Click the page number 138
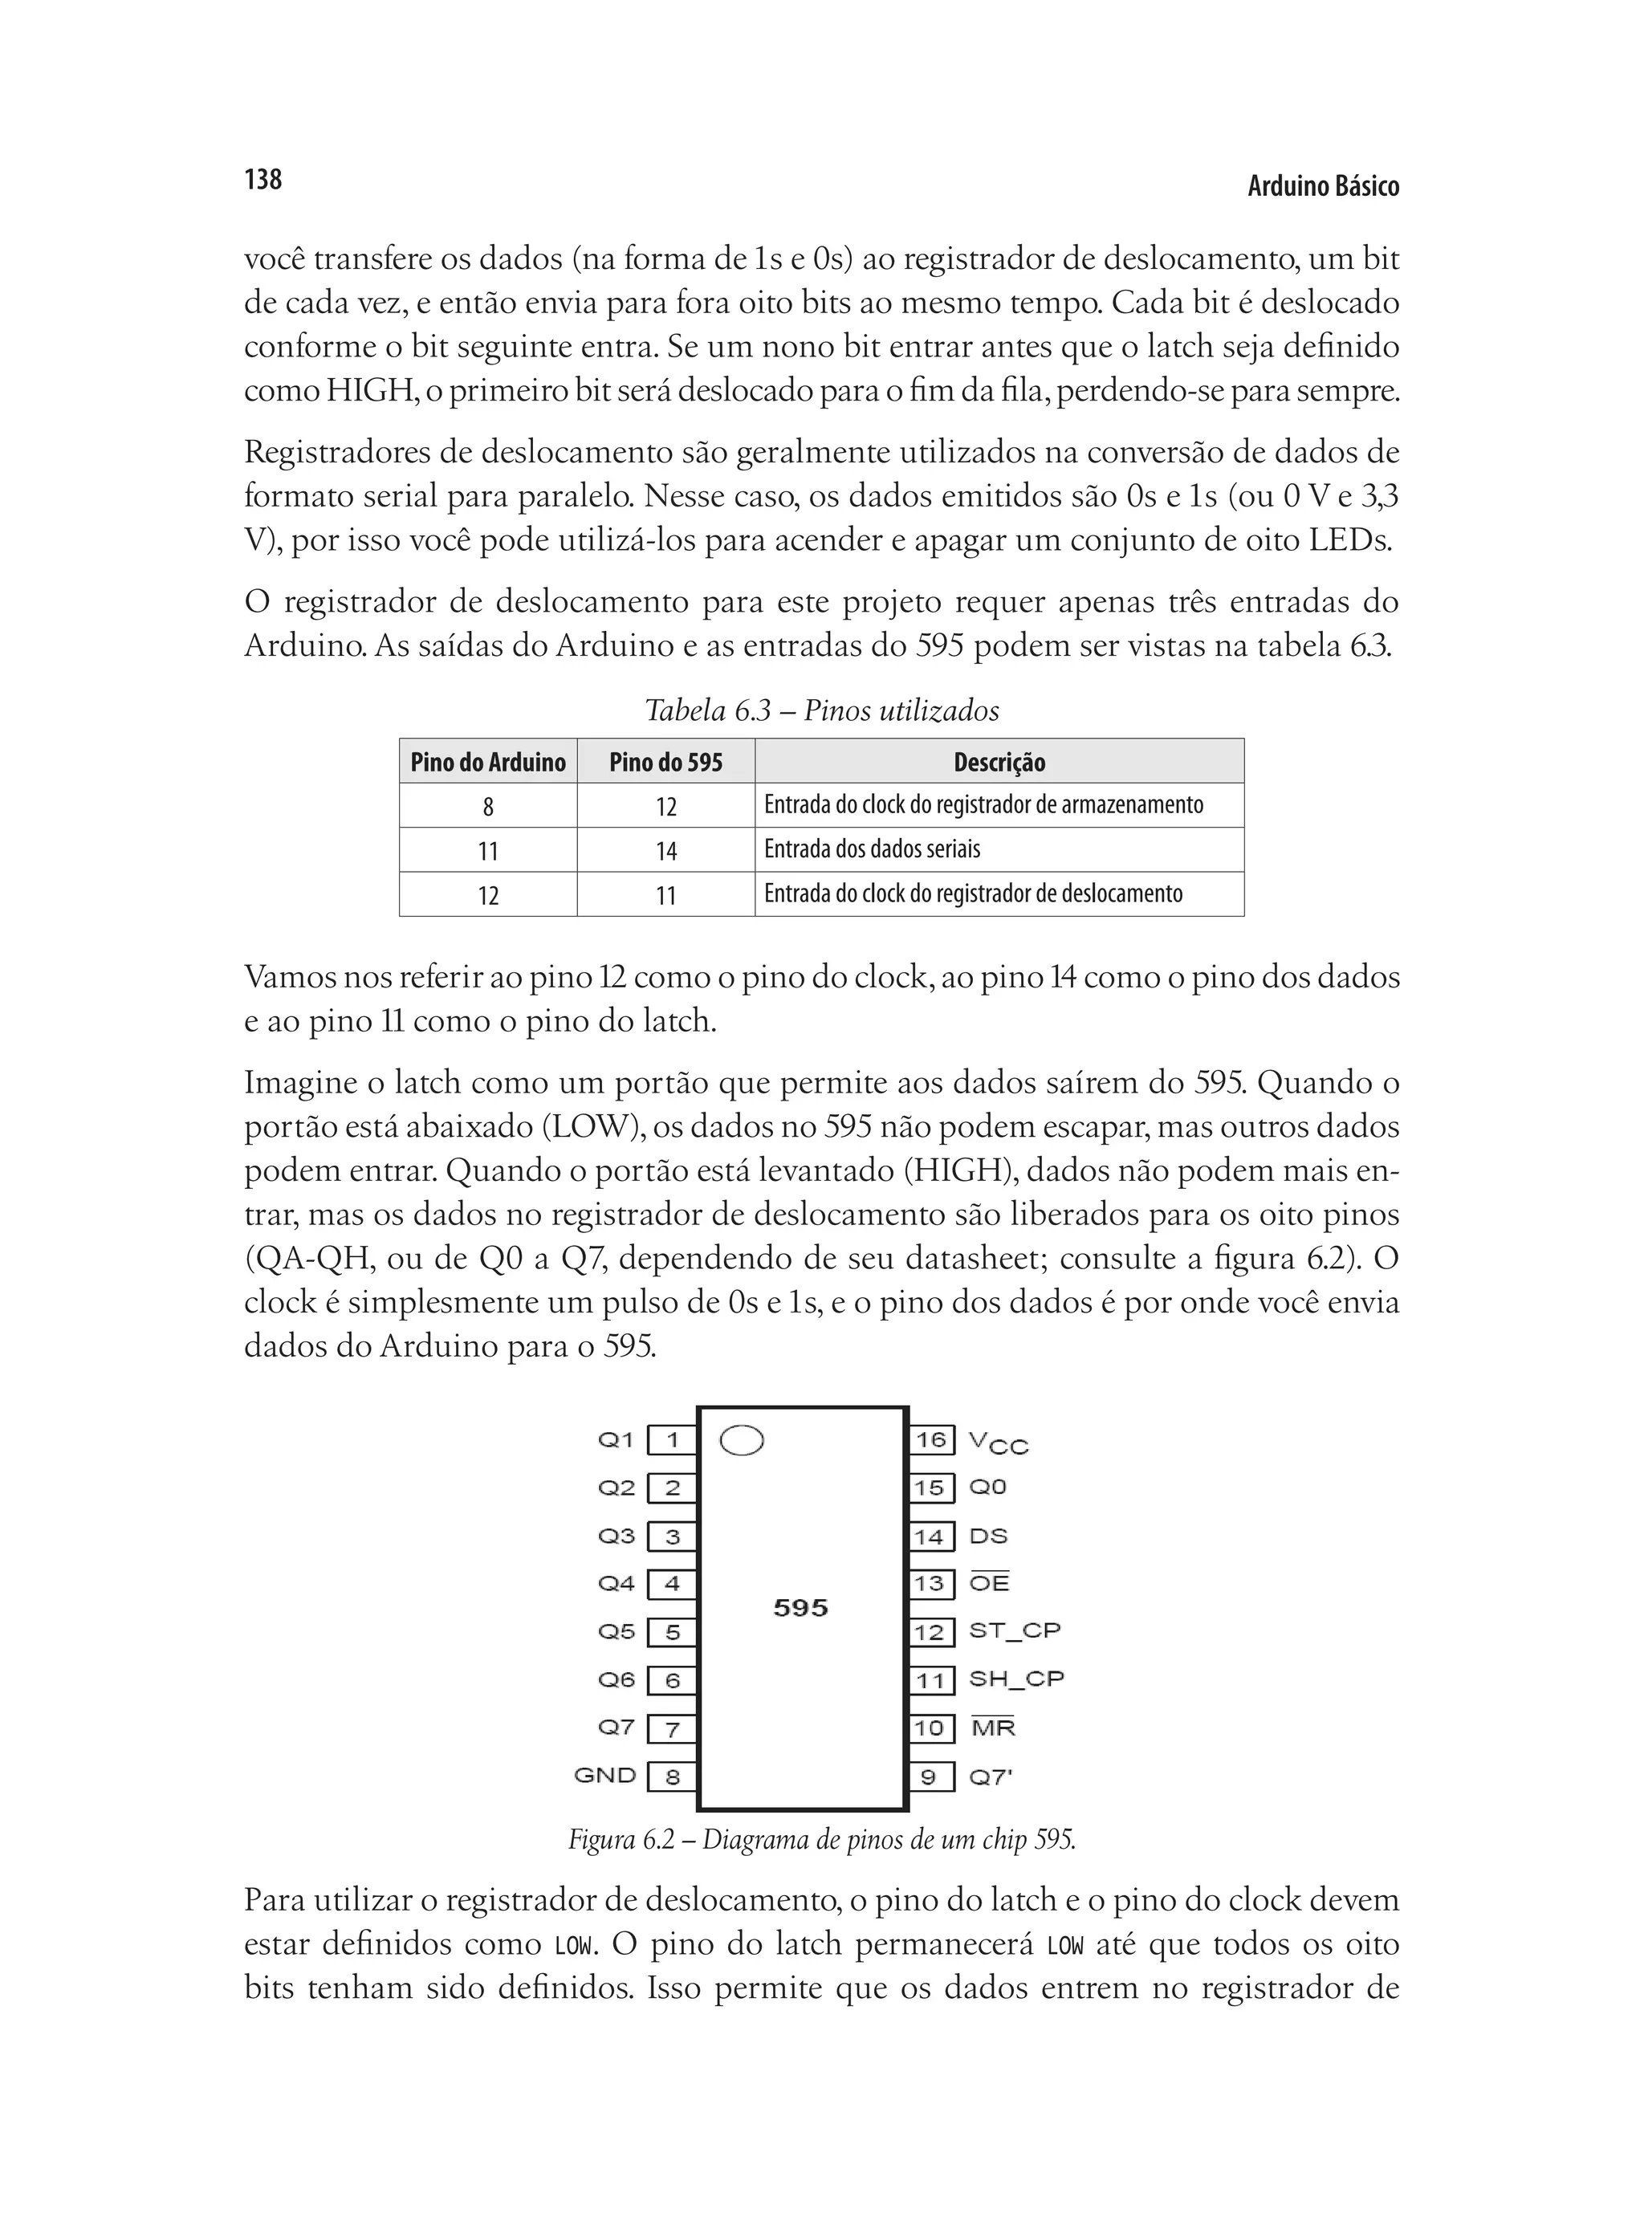pos(262,179)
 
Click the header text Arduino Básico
pos(1323,186)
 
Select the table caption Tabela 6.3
pos(821,710)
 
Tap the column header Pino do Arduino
pos(487,763)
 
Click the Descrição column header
pos(999,763)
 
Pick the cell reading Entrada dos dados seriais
pos(872,849)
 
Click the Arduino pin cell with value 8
pos(487,806)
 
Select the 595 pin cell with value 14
pos(665,851)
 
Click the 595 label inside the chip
pos(801,1608)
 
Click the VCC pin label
pos(998,1442)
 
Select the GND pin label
pos(605,1775)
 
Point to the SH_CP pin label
pos(1016,1679)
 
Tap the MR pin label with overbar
pos(993,1728)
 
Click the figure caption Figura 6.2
pos(822,1839)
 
